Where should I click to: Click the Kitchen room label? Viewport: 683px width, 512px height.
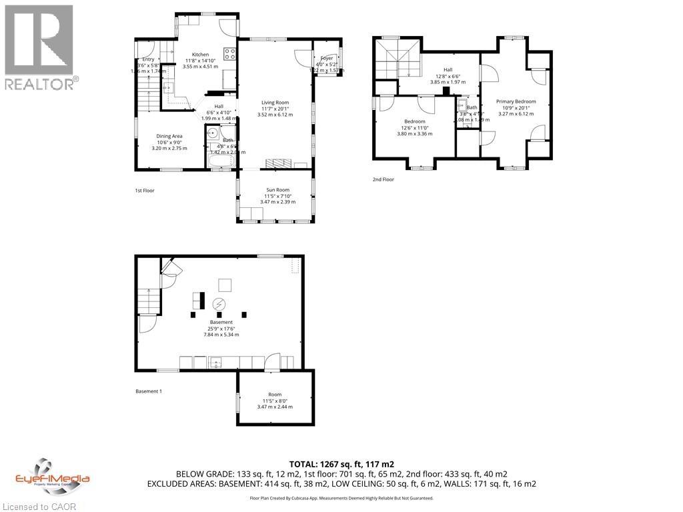pyautogui.click(x=200, y=55)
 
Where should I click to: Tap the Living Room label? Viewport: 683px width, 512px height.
pyautogui.click(x=275, y=103)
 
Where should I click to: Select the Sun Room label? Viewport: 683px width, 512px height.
pyautogui.click(x=275, y=189)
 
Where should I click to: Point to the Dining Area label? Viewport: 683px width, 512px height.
pyautogui.click(x=169, y=136)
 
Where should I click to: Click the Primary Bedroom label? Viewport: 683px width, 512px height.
pyautogui.click(x=516, y=101)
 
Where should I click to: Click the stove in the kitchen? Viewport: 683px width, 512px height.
pyautogui.click(x=230, y=55)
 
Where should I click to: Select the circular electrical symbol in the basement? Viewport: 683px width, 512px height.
pyautogui.click(x=219, y=305)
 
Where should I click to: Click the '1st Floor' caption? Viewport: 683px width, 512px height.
pyautogui.click(x=145, y=191)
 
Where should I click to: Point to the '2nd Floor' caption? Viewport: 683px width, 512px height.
pyautogui.click(x=384, y=179)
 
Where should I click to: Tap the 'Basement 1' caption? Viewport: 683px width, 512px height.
pyautogui.click(x=148, y=391)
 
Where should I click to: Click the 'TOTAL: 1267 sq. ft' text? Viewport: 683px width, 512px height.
pyautogui.click(x=341, y=464)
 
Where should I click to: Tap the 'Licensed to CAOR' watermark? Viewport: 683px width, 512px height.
pyautogui.click(x=39, y=506)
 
